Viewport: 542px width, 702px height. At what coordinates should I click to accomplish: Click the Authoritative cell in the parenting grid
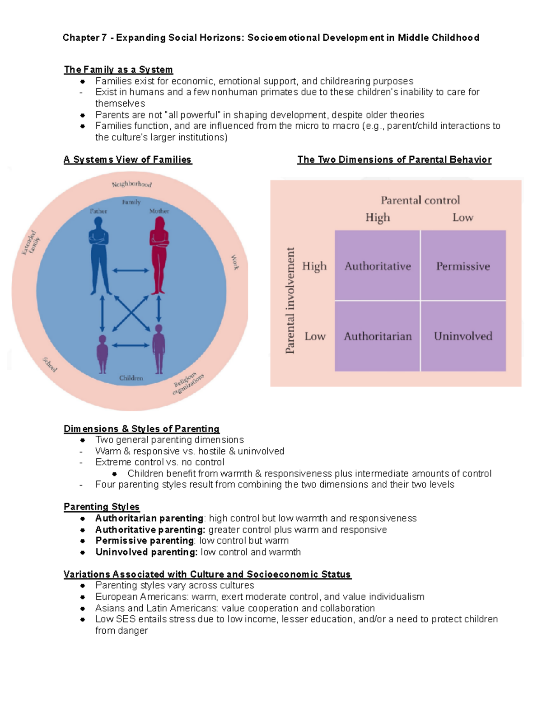[378, 266]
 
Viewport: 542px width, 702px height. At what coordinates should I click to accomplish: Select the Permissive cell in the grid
[463, 266]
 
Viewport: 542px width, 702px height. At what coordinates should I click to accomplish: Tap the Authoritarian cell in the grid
[378, 336]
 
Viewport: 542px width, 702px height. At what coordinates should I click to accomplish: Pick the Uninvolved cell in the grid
[463, 336]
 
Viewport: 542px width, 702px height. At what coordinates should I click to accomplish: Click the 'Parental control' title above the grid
[420, 200]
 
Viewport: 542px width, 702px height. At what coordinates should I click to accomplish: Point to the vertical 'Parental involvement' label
[290, 301]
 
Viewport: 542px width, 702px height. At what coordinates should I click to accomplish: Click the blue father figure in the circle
[98, 255]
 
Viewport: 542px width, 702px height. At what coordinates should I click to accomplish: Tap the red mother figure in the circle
[159, 255]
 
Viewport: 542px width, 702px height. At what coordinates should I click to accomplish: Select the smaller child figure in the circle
[103, 354]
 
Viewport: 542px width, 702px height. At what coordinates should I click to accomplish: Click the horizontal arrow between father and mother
[131, 271]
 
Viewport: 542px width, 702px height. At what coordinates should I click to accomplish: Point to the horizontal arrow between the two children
[131, 345]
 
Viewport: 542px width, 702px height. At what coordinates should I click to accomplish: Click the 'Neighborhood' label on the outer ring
[131, 184]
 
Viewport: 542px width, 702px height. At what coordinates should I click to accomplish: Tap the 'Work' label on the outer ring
[235, 262]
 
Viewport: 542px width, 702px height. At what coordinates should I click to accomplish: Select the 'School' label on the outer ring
[50, 364]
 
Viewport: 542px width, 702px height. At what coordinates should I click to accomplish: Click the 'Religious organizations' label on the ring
[188, 384]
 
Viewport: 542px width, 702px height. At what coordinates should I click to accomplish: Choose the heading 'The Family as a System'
[118, 70]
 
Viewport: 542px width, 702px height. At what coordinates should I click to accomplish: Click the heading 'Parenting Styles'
[102, 507]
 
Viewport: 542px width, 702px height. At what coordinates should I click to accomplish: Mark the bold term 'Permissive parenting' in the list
[145, 541]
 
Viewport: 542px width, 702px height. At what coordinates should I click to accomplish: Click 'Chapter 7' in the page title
[84, 38]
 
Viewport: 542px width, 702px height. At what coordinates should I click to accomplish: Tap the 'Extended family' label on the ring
[31, 243]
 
